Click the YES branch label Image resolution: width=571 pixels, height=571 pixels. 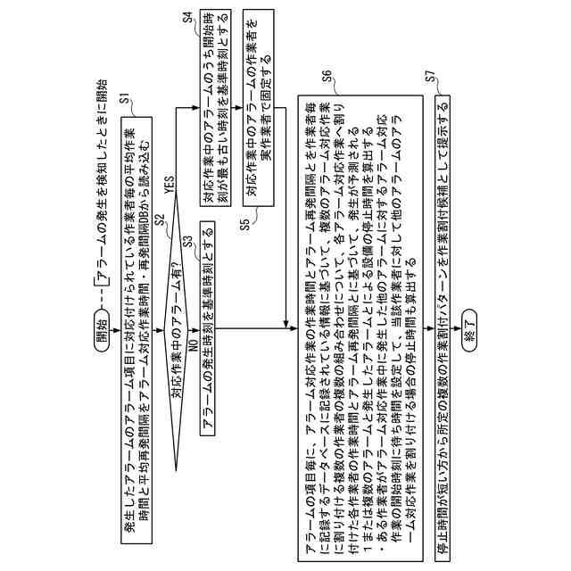(168, 185)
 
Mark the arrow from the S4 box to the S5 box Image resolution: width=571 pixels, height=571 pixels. (233, 109)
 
